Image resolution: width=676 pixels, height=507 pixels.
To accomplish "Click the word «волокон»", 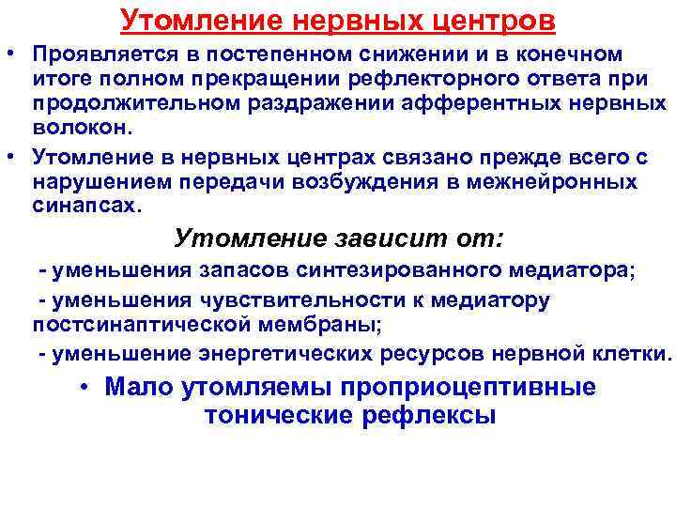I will [76, 127].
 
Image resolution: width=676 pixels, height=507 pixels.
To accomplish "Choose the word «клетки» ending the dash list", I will [634, 355].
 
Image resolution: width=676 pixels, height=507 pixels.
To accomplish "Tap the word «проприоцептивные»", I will [469, 387].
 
